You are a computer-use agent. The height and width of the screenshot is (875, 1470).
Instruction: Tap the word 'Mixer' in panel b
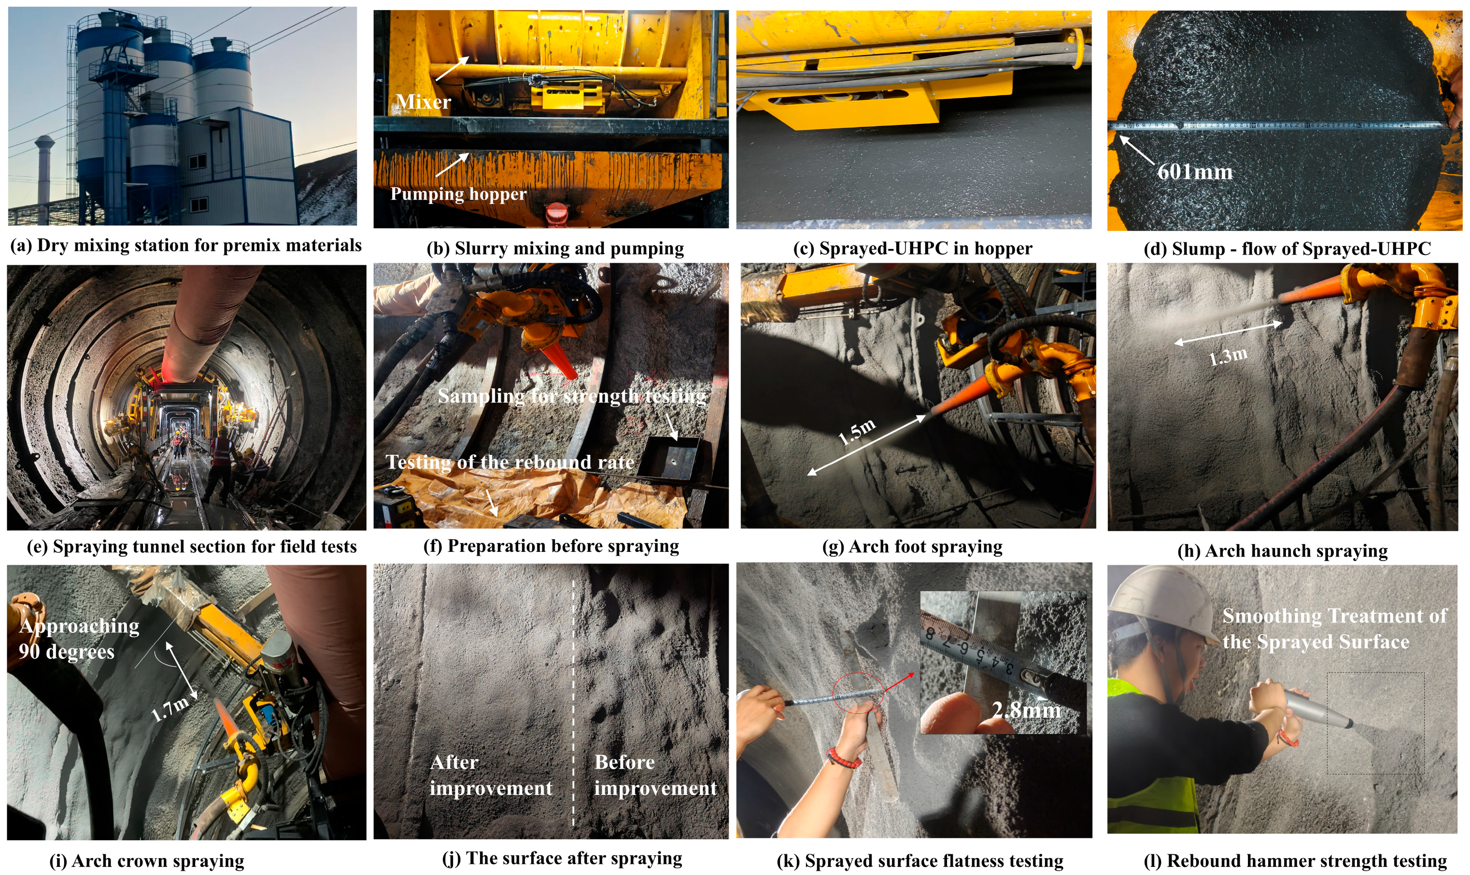423,102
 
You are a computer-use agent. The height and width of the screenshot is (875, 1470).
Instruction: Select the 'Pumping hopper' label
458,194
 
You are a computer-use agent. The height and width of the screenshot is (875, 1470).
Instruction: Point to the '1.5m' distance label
857,432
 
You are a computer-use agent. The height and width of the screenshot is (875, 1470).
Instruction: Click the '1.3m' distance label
1228,356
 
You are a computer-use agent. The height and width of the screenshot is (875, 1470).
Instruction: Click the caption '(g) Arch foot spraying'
912,547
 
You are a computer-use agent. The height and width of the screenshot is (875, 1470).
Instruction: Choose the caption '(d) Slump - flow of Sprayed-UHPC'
1287,249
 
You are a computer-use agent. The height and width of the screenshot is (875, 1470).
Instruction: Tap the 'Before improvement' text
655,775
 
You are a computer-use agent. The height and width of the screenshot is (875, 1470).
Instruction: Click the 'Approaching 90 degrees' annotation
79,639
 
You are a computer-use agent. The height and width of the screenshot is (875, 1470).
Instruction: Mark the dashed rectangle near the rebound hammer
1375,722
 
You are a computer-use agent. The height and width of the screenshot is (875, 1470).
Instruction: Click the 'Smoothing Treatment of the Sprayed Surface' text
1334,629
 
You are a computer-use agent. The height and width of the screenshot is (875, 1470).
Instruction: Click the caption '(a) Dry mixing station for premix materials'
186,246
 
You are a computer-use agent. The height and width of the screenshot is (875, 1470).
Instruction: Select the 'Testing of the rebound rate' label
510,462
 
